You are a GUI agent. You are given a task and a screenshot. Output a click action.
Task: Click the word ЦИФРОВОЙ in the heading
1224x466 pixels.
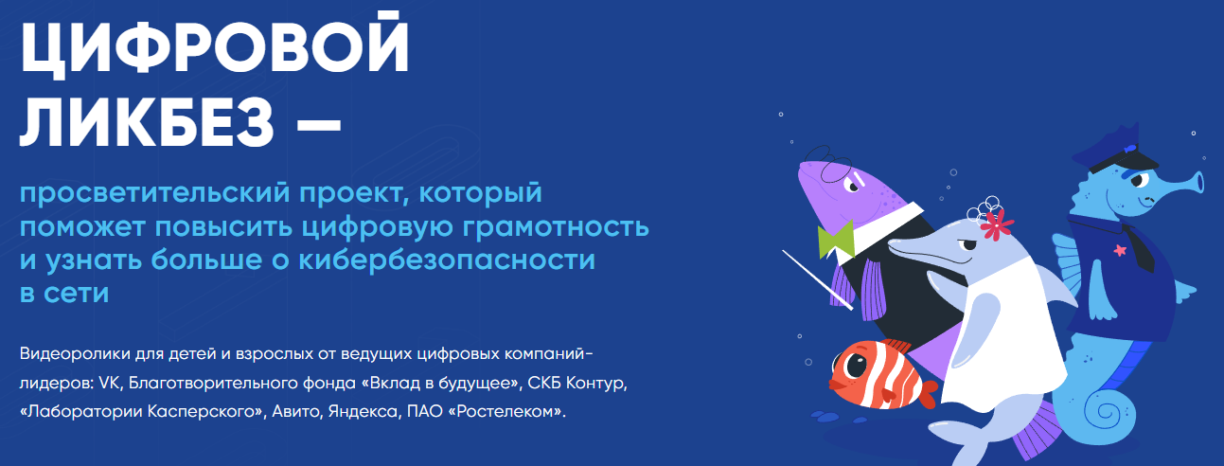pos(214,45)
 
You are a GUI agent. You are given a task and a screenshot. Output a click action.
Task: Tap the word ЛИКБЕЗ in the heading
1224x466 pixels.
pos(147,124)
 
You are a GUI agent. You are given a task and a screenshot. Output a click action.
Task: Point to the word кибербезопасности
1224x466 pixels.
pos(447,260)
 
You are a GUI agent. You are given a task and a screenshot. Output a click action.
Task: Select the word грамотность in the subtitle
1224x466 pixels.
pos(556,227)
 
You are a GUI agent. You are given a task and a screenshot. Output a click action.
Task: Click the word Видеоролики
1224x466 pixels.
pos(75,354)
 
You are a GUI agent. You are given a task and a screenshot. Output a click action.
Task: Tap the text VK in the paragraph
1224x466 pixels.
pos(109,383)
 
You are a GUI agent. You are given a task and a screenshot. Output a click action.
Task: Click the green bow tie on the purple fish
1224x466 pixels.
pos(836,241)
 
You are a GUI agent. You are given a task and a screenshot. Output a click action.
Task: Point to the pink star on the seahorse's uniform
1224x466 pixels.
pos(1120,250)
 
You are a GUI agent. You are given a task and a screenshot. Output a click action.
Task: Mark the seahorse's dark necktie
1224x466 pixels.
pos(1141,247)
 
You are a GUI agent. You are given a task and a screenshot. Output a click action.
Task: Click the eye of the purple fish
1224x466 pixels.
pos(852,186)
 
